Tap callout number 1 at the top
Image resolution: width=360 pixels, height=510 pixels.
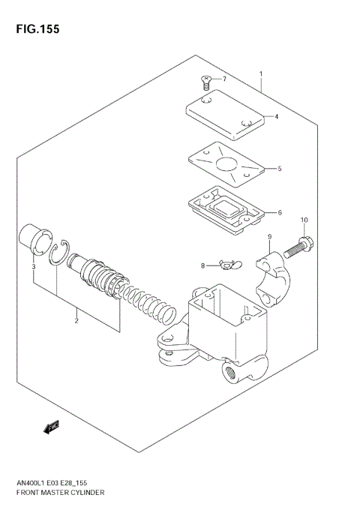point(260,73)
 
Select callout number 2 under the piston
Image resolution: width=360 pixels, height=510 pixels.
point(76,321)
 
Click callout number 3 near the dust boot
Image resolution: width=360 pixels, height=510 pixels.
point(34,266)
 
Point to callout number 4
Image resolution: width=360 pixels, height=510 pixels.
point(277,116)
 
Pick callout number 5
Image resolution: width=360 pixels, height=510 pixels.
point(279,169)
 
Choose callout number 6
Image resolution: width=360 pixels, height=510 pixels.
point(279,212)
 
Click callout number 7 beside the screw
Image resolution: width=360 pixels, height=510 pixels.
point(223,79)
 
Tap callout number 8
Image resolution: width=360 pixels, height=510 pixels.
point(202,265)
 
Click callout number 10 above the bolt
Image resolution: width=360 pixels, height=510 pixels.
point(304,220)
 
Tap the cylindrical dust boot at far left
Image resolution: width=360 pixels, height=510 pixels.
point(33,238)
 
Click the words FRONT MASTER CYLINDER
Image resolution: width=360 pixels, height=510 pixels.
point(61,493)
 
